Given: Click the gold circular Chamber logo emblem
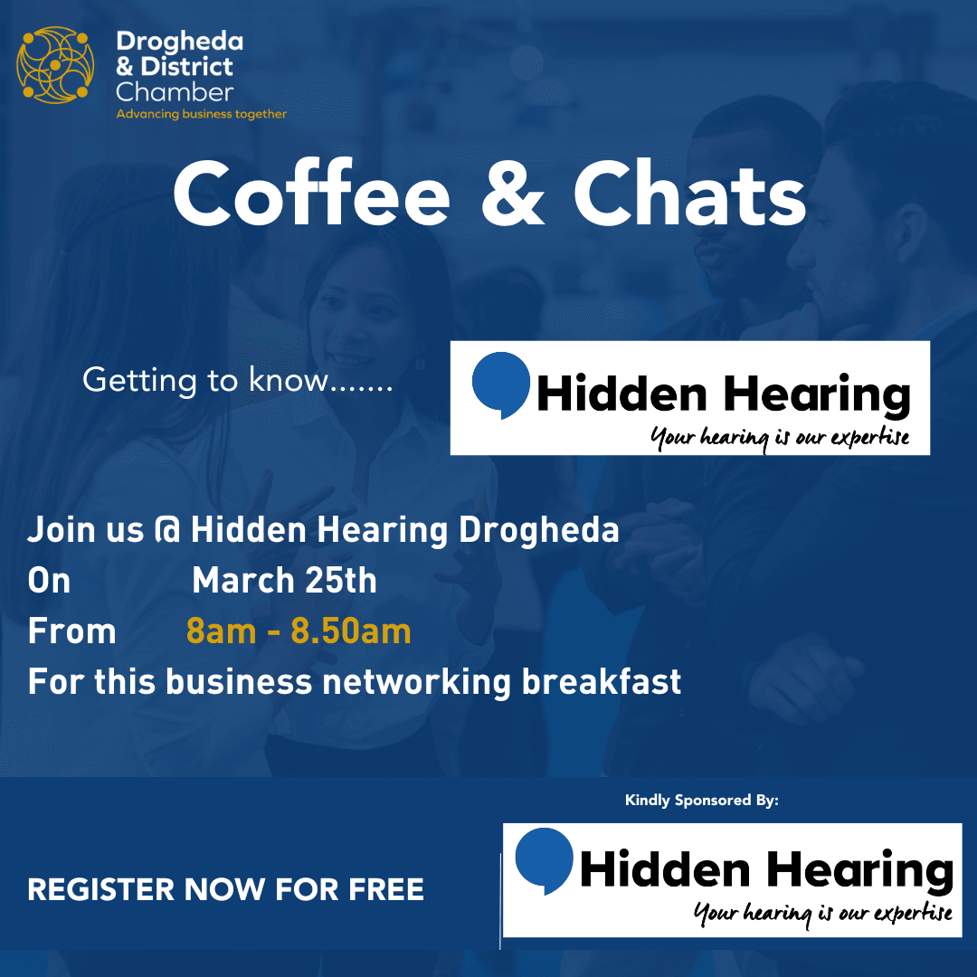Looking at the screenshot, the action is pos(55,65).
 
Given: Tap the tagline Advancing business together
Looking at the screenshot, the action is pos(201,114).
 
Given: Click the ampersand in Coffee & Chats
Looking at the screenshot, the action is pos(513,194).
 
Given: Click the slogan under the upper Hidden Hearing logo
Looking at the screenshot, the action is pos(780,438).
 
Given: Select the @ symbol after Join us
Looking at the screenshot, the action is pos(166,529).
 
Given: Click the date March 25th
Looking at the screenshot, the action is pos(284,581).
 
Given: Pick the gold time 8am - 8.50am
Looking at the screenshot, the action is pos(299,631).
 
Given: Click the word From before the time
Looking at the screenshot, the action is pos(71,631).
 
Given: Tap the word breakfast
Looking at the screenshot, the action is pos(602,682).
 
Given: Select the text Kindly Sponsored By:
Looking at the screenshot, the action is pos(702,801).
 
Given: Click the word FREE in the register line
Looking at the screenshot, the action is pos(386,889).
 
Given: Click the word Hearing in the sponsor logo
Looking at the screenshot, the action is pos(860,871).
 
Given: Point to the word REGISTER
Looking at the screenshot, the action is pos(101,889).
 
